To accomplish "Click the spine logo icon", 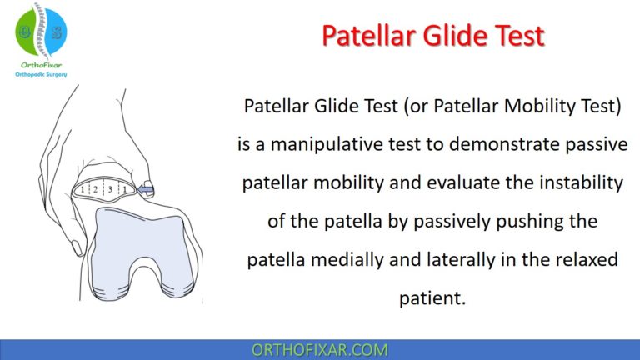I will pyautogui.click(x=41, y=28).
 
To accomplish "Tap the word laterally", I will pyautogui.click(x=437, y=260).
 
